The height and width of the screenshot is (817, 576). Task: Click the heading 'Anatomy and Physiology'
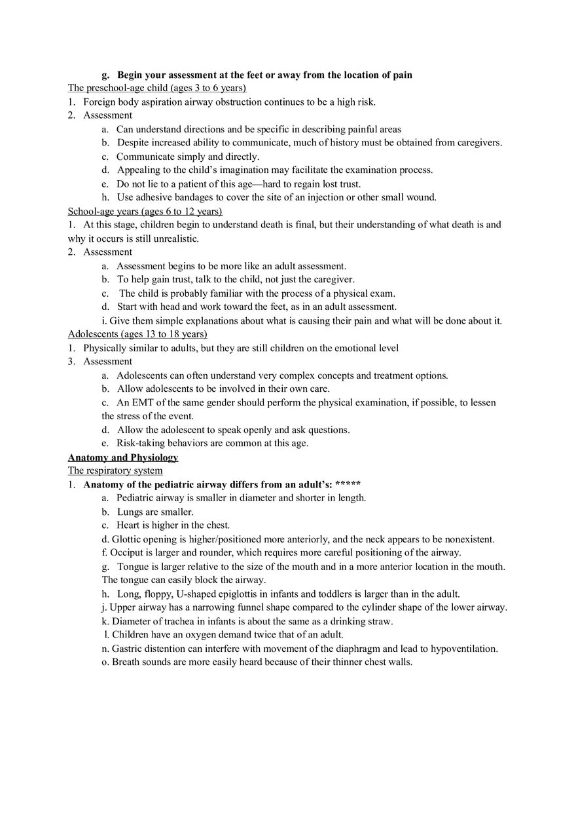(123, 457)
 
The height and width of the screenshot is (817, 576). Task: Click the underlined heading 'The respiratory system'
(115, 470)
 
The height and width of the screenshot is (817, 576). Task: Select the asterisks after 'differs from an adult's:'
(348, 484)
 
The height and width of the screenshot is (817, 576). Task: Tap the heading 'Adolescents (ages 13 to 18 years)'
(137, 334)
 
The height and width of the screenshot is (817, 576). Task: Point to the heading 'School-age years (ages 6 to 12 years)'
(145, 211)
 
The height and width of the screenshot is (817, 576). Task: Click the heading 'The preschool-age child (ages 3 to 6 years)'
(157, 88)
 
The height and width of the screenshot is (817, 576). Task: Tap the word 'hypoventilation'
(464, 649)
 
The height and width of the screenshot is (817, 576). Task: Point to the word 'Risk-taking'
(141, 443)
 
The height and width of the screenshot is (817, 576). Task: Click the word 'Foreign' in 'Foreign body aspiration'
(99, 102)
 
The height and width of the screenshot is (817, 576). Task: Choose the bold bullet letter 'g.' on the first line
(105, 75)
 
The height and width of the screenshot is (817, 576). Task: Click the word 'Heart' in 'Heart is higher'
(128, 525)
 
